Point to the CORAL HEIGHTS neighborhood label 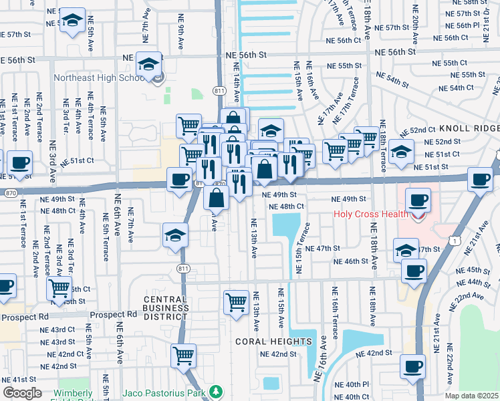[273, 342]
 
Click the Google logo [22, 393]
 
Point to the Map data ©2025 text [471, 396]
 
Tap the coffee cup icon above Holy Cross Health [418, 200]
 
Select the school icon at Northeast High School [148, 65]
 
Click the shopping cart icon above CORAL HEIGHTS [236, 301]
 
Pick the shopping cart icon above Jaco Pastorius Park [183, 355]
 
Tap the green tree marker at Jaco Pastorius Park [215, 391]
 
